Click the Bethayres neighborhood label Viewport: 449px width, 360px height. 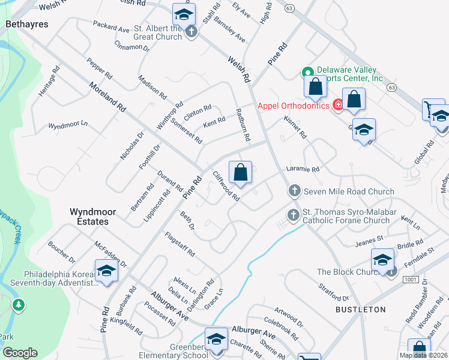[25, 25]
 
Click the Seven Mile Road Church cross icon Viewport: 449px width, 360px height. [294, 191]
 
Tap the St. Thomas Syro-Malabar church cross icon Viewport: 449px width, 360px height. [294, 214]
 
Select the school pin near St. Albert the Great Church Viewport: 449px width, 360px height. [184, 13]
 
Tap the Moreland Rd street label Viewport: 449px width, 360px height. [108, 98]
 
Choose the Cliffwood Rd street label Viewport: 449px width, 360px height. [226, 187]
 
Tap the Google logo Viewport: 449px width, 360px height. [20, 353]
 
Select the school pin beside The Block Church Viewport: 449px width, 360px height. [382, 260]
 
